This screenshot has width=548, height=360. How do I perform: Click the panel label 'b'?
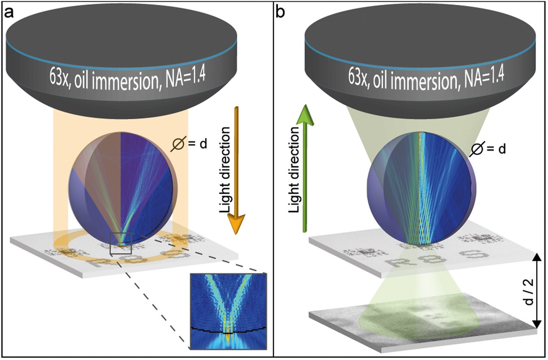point(281,12)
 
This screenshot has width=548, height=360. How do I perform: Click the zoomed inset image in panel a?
point(228,312)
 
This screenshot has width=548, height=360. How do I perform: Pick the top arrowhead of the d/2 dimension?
point(537,257)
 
